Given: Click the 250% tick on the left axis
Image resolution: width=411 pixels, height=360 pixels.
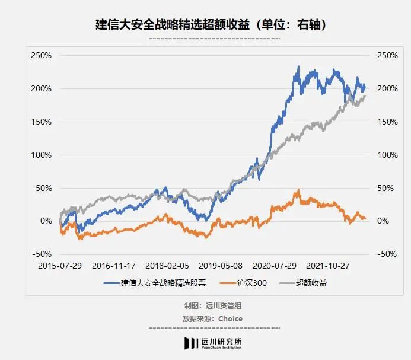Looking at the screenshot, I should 42,55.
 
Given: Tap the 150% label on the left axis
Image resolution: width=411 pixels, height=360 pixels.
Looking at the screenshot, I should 42,122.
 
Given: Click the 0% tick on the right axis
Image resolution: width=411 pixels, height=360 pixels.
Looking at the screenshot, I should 379,221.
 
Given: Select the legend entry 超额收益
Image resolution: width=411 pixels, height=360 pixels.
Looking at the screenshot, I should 309,283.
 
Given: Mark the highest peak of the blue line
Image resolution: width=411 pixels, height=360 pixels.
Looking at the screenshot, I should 298,66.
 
